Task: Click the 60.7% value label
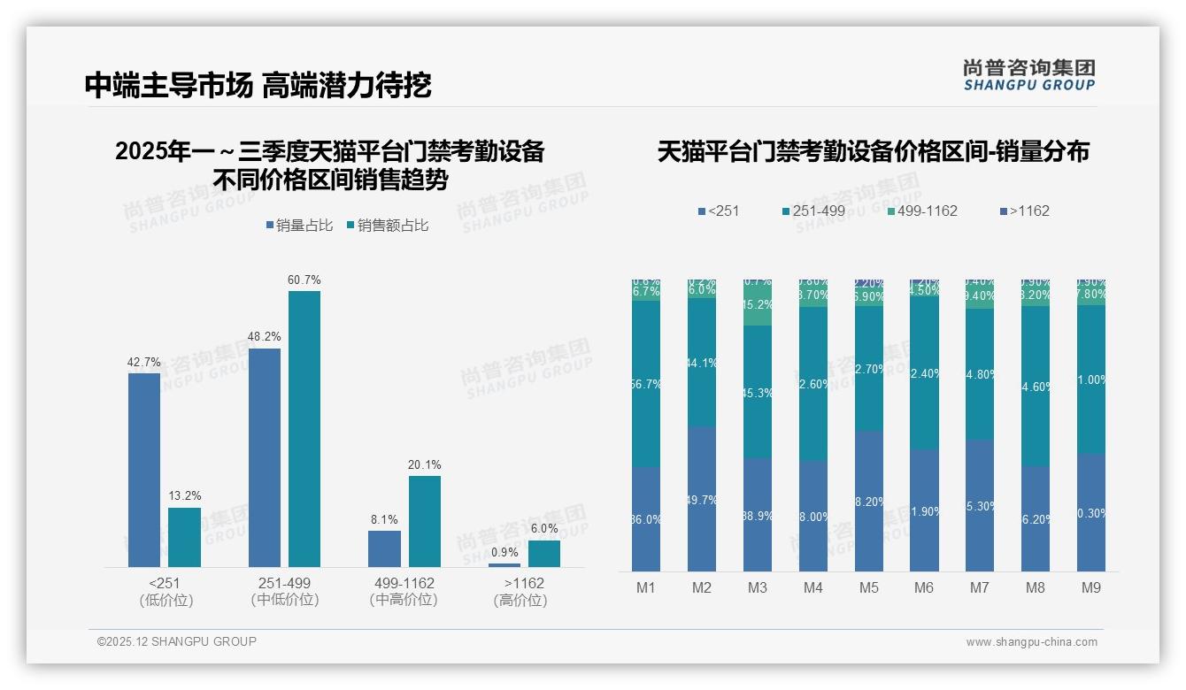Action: [x=304, y=280]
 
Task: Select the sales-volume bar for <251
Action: [x=144, y=470]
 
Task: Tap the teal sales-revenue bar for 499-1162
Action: [x=425, y=521]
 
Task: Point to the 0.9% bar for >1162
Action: [x=504, y=564]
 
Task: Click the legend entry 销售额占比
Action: [x=389, y=226]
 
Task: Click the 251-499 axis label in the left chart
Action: [x=284, y=584]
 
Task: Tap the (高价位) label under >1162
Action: [x=520, y=601]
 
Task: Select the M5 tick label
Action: [x=868, y=588]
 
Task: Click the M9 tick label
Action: [x=1091, y=588]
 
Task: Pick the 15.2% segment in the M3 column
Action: [x=757, y=304]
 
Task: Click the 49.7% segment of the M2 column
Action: [x=702, y=499]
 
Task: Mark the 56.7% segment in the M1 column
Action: [x=646, y=384]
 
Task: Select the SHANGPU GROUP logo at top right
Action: [x=1028, y=75]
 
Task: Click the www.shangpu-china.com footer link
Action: [x=1031, y=642]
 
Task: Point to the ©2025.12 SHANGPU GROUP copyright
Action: [x=177, y=642]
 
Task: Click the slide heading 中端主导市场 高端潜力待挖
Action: [x=258, y=86]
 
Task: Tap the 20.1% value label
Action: [x=425, y=465]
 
